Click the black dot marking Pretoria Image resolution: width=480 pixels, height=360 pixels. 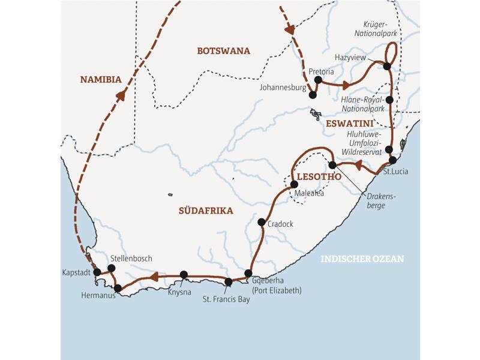pos(318,79)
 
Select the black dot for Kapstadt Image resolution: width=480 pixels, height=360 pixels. pos(97,272)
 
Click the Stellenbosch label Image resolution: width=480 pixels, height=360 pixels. pos(131,258)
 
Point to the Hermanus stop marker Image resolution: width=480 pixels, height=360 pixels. pos(118,288)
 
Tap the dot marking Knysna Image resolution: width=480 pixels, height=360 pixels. pos(184,274)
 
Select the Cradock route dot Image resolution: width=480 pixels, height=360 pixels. pos(261,222)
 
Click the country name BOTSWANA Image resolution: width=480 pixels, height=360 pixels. pos(223,51)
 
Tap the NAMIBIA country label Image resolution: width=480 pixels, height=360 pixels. pos(101,79)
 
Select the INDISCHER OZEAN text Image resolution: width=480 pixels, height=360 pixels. pos(362,259)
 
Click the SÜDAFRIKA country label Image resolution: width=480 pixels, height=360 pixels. pos(206,211)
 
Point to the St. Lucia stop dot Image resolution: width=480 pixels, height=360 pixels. pos(393,160)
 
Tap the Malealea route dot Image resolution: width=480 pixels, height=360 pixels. pos(294,184)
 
